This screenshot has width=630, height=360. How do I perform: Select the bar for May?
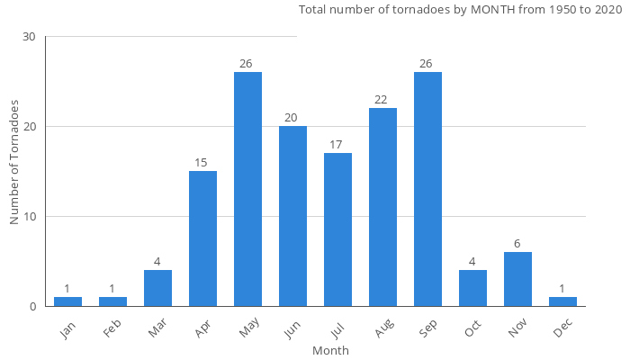coord(247,189)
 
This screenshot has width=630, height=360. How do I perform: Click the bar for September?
coord(427,189)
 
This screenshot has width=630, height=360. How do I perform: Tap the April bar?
coord(202,238)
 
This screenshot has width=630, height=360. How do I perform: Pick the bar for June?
coord(292,216)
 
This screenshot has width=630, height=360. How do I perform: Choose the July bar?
coord(337,229)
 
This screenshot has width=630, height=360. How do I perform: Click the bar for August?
coord(382,207)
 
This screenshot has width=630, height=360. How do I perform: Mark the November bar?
coord(517,279)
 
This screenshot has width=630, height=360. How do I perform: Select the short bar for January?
coord(67,301)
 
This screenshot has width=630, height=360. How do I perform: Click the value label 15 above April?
coord(202,163)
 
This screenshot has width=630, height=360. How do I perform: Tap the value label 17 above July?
coord(337,145)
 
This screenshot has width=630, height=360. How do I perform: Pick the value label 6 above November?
coord(517,244)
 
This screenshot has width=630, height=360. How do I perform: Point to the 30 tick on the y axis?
coord(29,37)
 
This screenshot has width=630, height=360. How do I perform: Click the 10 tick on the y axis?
coord(29,217)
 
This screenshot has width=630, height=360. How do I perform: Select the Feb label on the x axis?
coord(112,328)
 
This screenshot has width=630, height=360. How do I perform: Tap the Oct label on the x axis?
coord(472,328)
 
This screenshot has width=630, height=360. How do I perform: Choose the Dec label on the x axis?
coord(562,328)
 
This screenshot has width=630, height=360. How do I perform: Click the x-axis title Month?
coord(330,350)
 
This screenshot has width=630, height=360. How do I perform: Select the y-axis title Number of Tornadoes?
coord(14,162)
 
